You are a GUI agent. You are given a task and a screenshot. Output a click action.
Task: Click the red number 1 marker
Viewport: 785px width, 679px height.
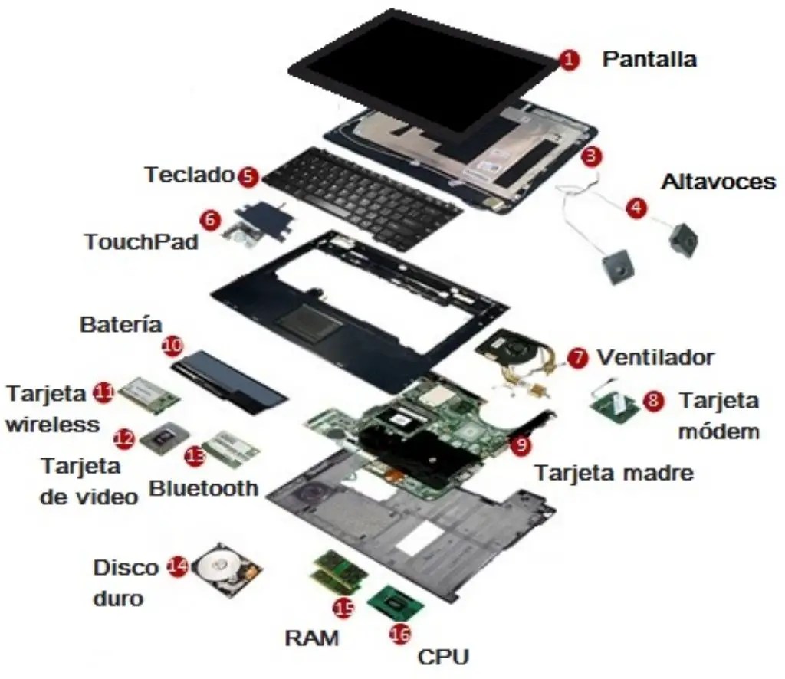[x=567, y=60]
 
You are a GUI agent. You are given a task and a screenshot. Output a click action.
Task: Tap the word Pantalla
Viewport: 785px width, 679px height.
[x=649, y=59]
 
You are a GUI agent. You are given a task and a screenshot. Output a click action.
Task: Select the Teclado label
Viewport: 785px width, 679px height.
[x=189, y=175]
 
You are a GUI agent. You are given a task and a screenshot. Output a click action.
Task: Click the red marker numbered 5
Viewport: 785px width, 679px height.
[x=247, y=175]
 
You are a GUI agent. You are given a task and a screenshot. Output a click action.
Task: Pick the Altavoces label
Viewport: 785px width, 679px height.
[x=718, y=182]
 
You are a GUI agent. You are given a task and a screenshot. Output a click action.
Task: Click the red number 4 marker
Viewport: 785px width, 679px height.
[x=636, y=208]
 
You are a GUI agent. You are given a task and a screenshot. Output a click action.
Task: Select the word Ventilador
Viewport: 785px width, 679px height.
[x=655, y=357]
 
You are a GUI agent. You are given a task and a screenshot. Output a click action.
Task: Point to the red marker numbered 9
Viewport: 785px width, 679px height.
[x=521, y=442]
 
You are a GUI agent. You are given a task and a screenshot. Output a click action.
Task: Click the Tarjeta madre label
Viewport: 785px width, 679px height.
[x=613, y=472]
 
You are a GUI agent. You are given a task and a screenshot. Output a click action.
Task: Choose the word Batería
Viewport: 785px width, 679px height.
[x=121, y=324]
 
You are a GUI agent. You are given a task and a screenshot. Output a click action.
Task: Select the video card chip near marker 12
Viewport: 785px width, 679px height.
[x=160, y=436]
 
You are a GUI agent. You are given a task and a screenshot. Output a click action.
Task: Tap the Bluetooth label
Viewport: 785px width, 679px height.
[x=203, y=487]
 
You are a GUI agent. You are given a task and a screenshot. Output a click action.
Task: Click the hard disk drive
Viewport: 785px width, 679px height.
[x=225, y=572]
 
